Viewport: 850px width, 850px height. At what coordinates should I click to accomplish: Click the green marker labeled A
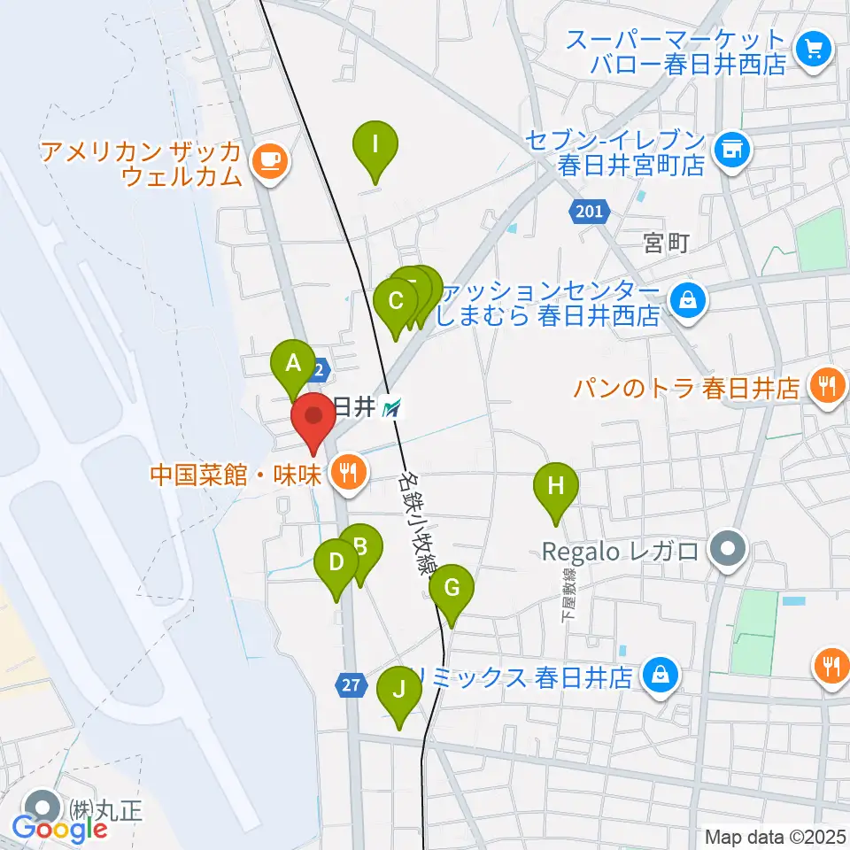tap(292, 363)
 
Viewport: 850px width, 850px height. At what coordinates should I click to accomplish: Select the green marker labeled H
tap(555, 486)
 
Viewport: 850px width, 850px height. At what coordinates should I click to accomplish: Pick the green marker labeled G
tap(452, 588)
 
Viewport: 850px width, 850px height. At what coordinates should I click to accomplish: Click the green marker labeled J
tap(398, 689)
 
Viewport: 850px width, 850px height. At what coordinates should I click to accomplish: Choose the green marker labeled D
tap(336, 562)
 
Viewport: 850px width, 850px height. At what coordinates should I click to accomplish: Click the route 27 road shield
tap(351, 684)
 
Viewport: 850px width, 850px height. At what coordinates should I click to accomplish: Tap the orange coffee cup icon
tap(268, 160)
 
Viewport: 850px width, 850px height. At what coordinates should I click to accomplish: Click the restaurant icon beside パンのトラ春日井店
tap(828, 387)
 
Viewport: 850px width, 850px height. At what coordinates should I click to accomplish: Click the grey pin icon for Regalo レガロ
tap(728, 551)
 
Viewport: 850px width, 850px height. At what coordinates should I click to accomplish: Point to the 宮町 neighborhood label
tap(666, 243)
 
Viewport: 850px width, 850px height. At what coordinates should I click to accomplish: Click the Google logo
tap(59, 828)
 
